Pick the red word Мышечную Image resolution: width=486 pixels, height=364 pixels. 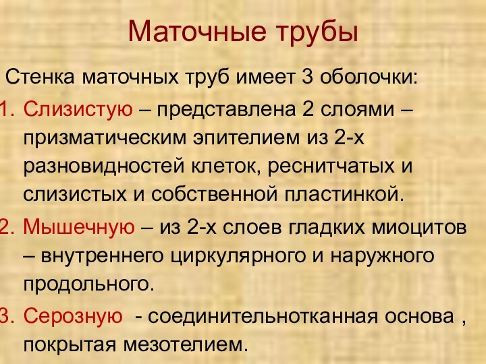tap(78, 227)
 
